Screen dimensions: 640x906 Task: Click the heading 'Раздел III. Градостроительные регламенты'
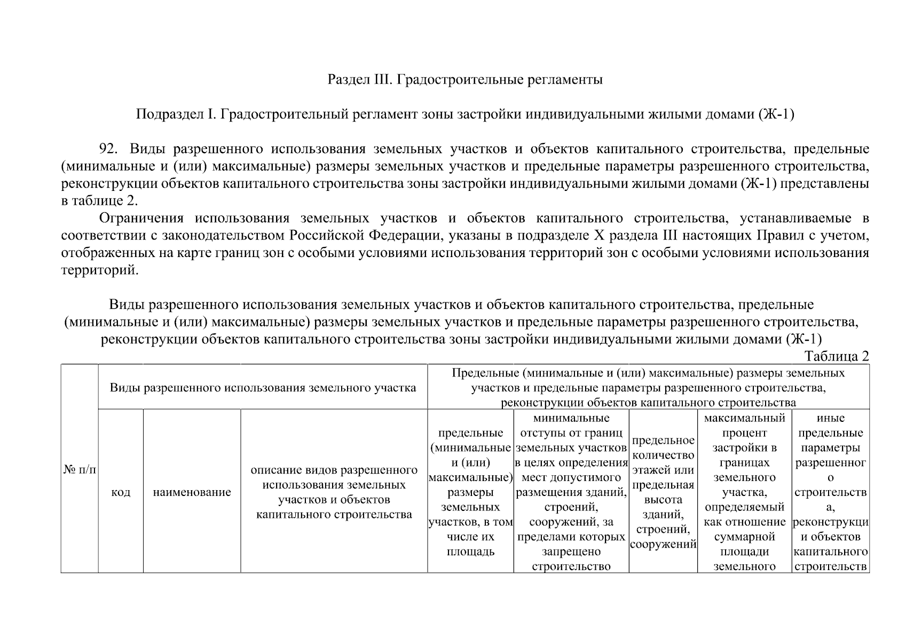[465, 80]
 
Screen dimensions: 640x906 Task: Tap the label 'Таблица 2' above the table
[837, 356]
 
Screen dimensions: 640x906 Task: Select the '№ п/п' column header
[80, 469]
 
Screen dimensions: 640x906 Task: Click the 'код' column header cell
[121, 492]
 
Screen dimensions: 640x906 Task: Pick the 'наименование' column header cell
[192, 492]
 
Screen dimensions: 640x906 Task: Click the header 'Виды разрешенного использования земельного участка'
[263, 387]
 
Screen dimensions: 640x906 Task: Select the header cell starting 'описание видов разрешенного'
[334, 492]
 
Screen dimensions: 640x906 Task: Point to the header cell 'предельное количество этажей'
[663, 492]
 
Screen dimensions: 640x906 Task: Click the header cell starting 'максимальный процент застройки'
[744, 492]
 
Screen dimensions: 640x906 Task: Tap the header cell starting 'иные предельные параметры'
[830, 492]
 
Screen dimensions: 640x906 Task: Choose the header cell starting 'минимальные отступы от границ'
[571, 492]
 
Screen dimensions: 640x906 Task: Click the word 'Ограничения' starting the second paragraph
[141, 218]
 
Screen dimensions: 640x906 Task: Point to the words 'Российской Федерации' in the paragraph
[364, 235]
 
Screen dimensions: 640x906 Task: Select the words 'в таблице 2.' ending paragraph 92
[100, 201]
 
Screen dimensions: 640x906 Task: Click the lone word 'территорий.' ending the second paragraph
[100, 270]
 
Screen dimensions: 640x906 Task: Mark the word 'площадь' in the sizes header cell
[470, 551]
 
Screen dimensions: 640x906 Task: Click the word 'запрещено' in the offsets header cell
[571, 551]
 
